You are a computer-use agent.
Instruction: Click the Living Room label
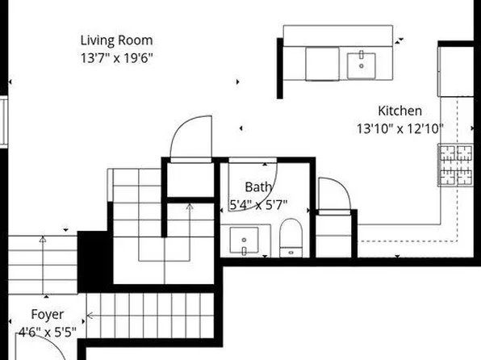pos(116,40)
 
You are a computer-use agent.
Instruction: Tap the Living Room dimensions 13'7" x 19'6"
pos(116,57)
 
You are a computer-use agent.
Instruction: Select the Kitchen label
pos(399,111)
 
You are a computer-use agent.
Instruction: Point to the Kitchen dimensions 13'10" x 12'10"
pos(400,128)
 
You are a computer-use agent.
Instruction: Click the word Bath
pos(258,187)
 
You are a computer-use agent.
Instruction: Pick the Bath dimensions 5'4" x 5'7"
pos(258,204)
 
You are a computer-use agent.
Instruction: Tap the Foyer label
pos(48,315)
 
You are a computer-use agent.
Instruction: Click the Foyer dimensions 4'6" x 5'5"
pos(48,332)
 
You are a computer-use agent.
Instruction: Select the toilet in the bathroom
pos(291,238)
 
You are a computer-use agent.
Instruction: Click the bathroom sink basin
pos(244,240)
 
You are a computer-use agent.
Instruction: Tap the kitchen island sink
pos(361,65)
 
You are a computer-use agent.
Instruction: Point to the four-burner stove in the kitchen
pos(455,165)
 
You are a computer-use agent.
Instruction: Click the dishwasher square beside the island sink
pos(322,64)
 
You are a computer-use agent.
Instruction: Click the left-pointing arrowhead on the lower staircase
pos(90,315)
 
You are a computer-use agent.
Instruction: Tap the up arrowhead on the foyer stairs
pos(43,239)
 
